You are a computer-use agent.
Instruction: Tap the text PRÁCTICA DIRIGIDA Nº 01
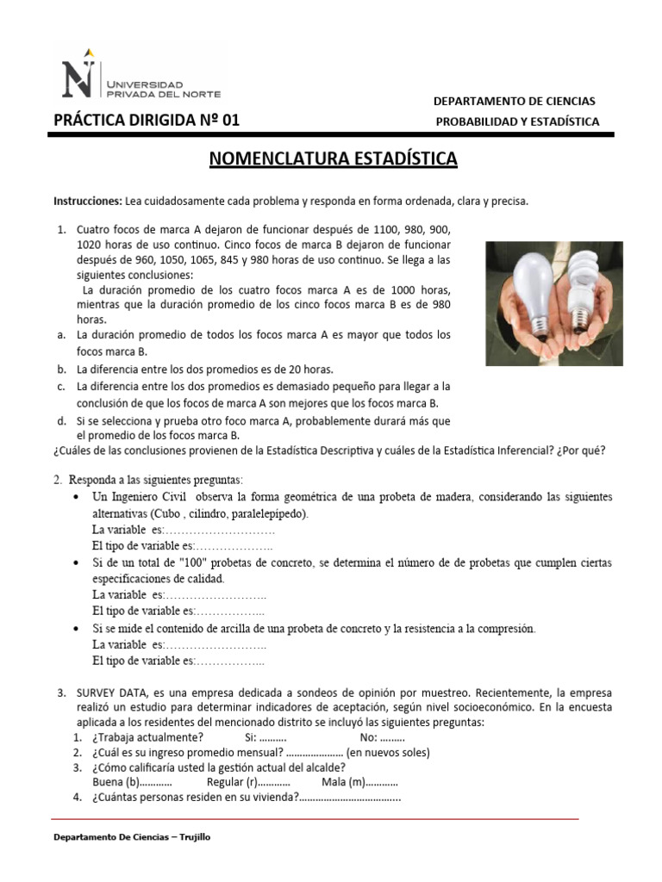point(147,121)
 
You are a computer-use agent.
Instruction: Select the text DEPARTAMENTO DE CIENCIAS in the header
point(514,102)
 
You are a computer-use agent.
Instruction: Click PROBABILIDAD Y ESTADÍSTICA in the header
point(517,121)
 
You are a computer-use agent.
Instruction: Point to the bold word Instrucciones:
point(88,201)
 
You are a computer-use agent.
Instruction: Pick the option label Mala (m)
point(343,782)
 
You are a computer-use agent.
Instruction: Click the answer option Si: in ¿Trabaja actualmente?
point(251,737)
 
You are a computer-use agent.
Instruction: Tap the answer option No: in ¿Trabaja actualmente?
point(368,737)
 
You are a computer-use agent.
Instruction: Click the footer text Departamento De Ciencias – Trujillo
point(132,837)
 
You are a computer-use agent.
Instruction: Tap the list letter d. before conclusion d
point(62,421)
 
